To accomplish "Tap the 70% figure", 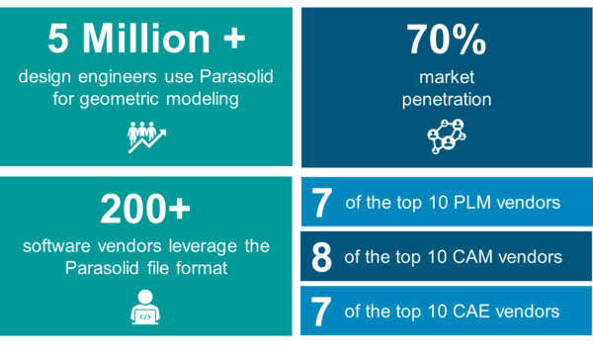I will [x=446, y=40].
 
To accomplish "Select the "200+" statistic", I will [x=147, y=210].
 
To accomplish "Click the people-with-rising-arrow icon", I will [x=147, y=136].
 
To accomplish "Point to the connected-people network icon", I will [x=446, y=136].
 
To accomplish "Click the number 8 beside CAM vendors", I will [x=320, y=257].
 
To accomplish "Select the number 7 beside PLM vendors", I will [x=320, y=203].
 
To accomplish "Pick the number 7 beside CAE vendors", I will [x=320, y=312].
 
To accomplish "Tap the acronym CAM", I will [x=467, y=257].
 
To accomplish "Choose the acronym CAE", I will [x=467, y=312].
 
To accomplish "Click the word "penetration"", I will [x=446, y=99].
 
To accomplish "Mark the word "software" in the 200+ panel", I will [x=55, y=244].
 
